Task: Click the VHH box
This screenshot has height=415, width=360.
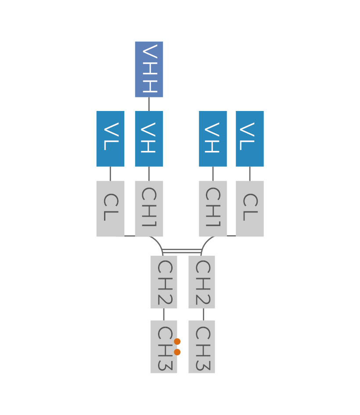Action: [149, 69]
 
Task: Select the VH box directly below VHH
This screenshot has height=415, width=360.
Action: [149, 139]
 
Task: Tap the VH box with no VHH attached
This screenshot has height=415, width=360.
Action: [213, 139]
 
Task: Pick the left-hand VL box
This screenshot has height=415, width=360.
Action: [110, 139]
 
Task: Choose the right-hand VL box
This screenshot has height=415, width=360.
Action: [250, 139]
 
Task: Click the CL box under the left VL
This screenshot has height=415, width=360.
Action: [110, 208]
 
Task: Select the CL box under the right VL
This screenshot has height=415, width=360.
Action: [250, 208]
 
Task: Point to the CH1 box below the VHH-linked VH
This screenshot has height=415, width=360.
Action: [149, 208]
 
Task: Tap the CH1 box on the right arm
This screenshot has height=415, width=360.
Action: [213, 208]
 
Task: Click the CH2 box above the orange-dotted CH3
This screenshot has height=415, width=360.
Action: [164, 282]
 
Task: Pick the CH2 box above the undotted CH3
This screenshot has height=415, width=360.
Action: [202, 282]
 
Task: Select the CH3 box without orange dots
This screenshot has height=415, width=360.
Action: [202, 347]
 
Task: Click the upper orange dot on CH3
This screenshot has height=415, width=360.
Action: [177, 341]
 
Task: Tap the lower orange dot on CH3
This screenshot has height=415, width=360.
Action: [177, 352]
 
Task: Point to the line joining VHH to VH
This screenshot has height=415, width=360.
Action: [149, 104]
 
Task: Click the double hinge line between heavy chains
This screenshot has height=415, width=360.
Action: [182, 251]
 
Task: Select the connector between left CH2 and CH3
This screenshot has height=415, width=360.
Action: [164, 314]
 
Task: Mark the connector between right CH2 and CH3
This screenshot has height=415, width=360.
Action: [203, 314]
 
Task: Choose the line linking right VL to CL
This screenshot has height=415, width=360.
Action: [250, 174]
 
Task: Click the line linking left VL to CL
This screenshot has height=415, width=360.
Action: [110, 174]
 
